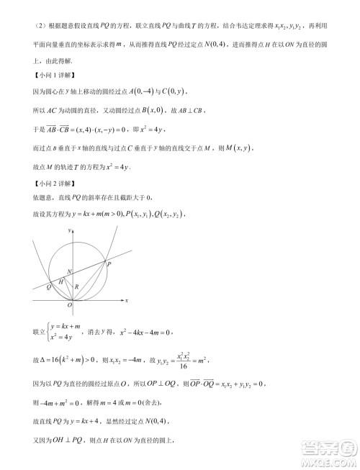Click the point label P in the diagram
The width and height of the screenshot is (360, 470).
click(109, 264)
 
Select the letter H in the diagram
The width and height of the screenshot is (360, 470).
click(61, 281)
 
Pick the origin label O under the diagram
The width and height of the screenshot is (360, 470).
click(70, 306)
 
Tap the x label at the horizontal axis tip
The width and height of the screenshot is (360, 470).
click(126, 299)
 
